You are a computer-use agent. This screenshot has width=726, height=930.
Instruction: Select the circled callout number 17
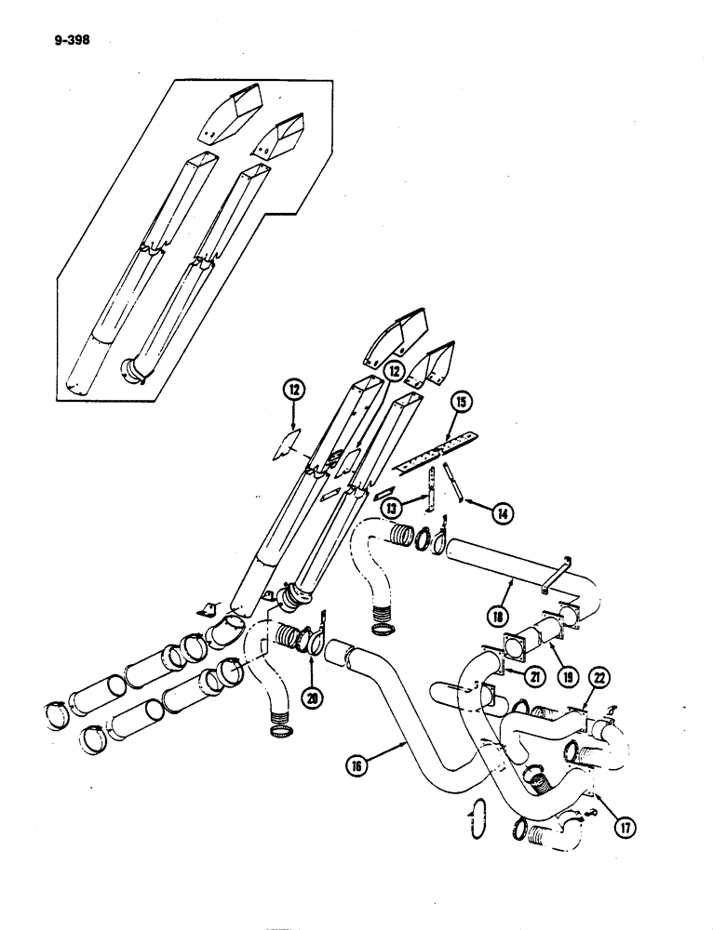[x=615, y=822]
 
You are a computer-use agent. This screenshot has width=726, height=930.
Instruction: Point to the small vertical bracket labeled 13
[x=431, y=488]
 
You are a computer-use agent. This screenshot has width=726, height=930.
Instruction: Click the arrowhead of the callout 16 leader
[x=402, y=740]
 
